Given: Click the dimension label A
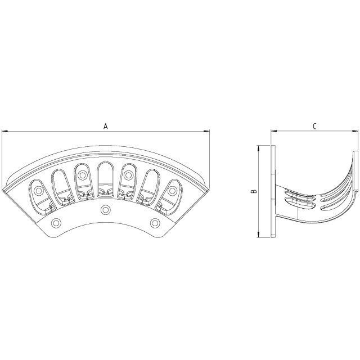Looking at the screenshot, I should pyautogui.click(x=105, y=127).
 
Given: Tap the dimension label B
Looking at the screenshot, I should pyautogui.click(x=254, y=191).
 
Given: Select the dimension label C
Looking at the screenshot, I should pyautogui.click(x=314, y=127).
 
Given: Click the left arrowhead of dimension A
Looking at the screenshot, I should pyautogui.click(x=4, y=132).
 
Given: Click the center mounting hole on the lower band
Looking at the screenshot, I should pyautogui.click(x=105, y=210).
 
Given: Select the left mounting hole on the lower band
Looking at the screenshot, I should pyautogui.click(x=55, y=223).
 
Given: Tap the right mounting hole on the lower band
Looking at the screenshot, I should pyautogui.click(x=155, y=223).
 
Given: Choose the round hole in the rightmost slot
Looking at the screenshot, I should pyautogui.click(x=171, y=192).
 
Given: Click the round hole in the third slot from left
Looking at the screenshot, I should pyautogui.click(x=82, y=172).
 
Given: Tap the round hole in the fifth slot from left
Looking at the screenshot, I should pyautogui.click(x=128, y=172).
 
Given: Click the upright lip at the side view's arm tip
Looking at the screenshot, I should pyautogui.click(x=355, y=172).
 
